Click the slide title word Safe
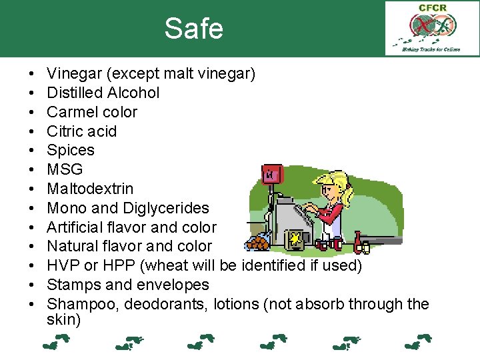point(193,29)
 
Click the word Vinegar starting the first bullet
point(73,73)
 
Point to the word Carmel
point(71,112)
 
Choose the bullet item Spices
point(71,151)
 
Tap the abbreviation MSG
point(65,169)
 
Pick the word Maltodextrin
point(90,189)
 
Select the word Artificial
point(75,227)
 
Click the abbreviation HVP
point(63,266)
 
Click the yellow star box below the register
point(293,239)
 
